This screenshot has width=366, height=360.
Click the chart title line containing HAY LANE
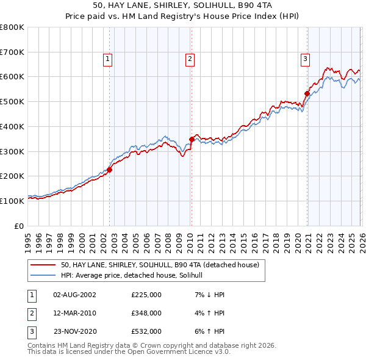point(182,5)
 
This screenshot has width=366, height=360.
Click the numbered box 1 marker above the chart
point(107,59)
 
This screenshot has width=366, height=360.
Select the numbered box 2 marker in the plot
point(190,59)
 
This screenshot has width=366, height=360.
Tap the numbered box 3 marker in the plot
point(304,59)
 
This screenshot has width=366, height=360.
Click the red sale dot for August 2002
point(110,170)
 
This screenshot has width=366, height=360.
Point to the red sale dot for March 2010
point(192,139)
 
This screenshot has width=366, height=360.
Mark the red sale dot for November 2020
point(307,93)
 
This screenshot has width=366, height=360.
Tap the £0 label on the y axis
point(20,226)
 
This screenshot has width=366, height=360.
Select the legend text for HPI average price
point(135,275)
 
